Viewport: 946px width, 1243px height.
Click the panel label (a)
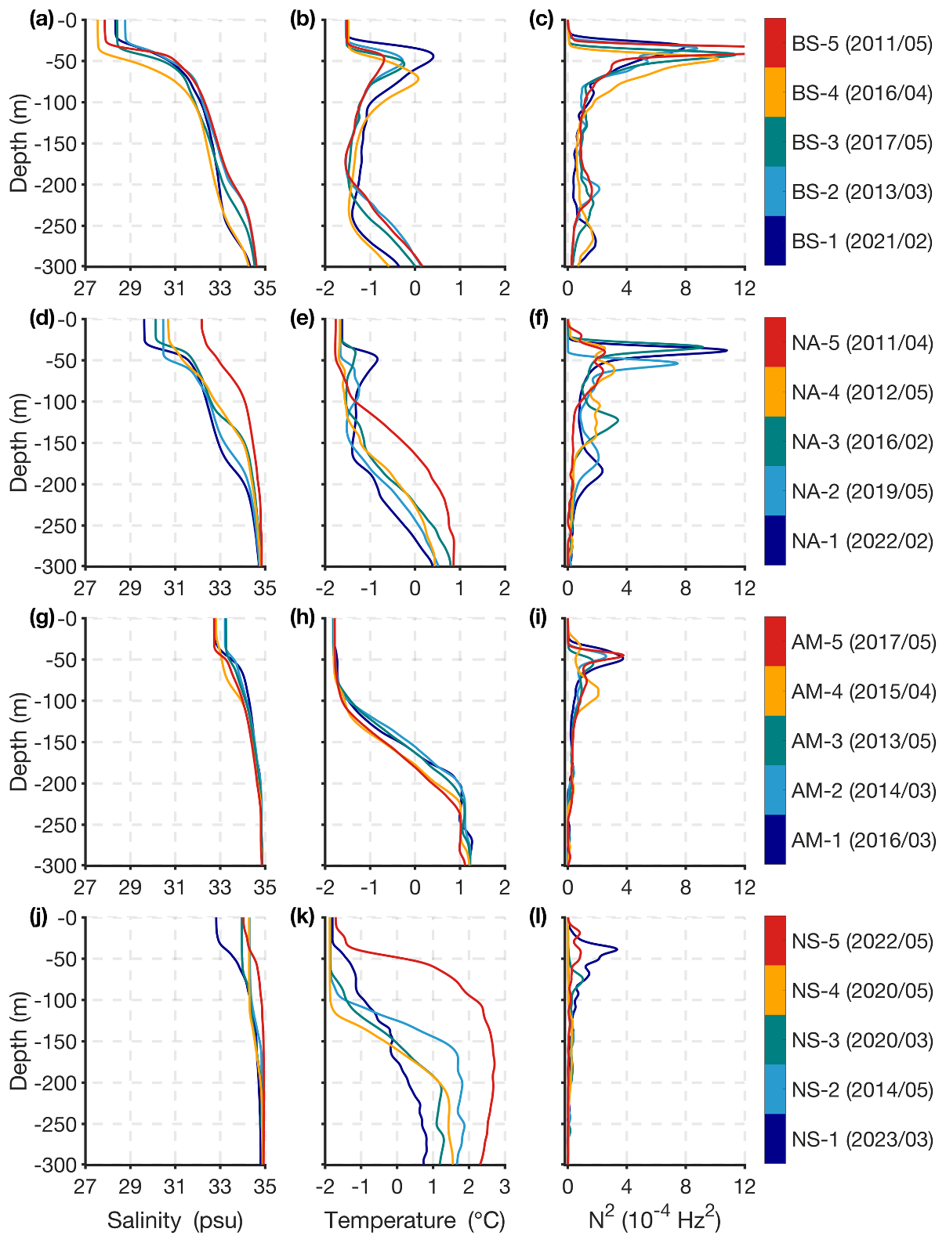point(42,20)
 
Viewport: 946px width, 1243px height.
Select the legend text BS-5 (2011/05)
point(861,43)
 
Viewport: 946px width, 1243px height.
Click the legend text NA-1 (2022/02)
point(861,540)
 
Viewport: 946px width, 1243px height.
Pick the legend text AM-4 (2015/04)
point(863,692)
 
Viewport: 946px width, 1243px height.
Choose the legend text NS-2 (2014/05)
point(861,1089)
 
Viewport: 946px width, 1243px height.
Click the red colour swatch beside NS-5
point(774,941)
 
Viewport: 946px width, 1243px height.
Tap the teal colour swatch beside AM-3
point(774,741)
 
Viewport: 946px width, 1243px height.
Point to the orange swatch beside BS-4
point(774,92)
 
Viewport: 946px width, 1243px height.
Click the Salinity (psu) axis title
point(175,1220)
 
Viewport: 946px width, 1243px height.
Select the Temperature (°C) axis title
point(415,1220)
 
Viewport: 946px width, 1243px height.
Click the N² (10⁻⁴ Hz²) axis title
point(654,1219)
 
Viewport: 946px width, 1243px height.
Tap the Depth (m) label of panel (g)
point(19,742)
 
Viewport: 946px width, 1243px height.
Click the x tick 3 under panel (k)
point(504,1186)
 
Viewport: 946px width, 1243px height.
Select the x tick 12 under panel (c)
point(745,288)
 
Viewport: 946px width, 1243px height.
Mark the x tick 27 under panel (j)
point(85,1186)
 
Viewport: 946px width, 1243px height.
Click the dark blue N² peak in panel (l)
point(616,949)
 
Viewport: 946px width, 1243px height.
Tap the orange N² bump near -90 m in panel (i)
point(598,692)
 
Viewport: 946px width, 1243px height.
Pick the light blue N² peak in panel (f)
point(676,363)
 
